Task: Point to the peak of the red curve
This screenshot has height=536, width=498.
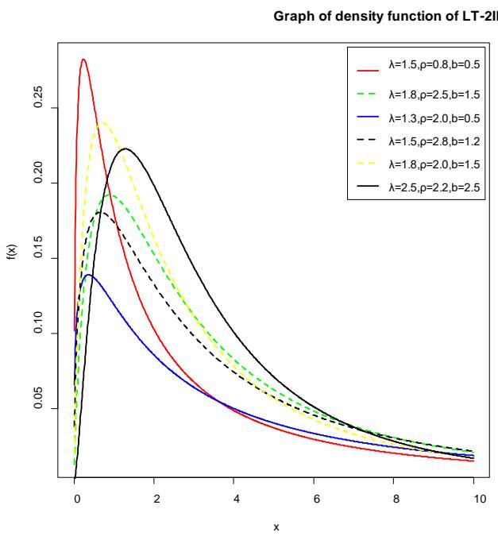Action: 83,59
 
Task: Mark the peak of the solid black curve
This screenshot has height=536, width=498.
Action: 125,148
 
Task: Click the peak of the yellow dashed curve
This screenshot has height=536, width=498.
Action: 102,122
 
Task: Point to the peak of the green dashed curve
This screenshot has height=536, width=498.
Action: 111,195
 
